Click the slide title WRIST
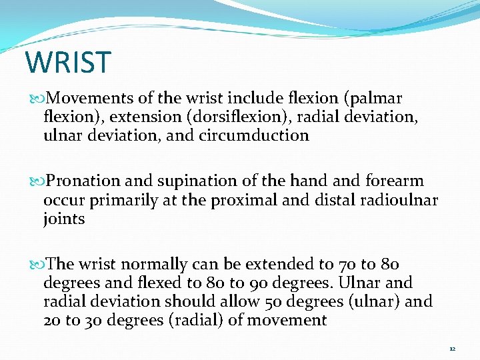[x=67, y=62]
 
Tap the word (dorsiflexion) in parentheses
[x=227, y=117]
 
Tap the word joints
[x=64, y=219]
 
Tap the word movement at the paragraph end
[x=287, y=320]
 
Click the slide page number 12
[x=452, y=349]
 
